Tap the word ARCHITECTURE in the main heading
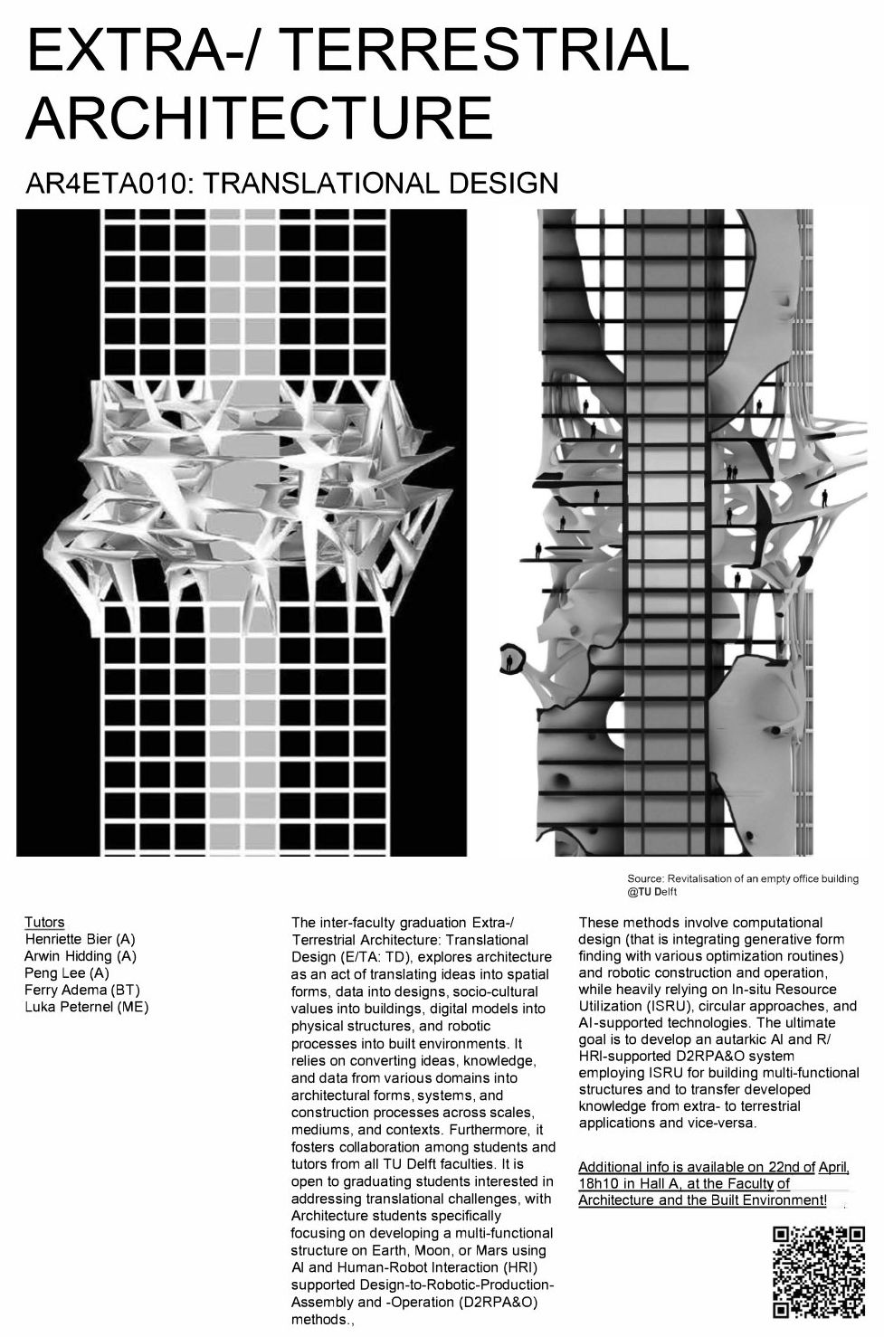(x=260, y=117)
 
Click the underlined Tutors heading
(x=44, y=922)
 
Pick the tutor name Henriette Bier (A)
(x=80, y=939)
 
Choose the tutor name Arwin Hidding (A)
(x=81, y=956)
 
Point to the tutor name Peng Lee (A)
(x=67, y=973)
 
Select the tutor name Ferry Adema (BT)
(x=82, y=990)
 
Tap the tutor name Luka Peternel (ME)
(x=87, y=1007)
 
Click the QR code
(x=818, y=1272)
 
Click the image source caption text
(x=742, y=885)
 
